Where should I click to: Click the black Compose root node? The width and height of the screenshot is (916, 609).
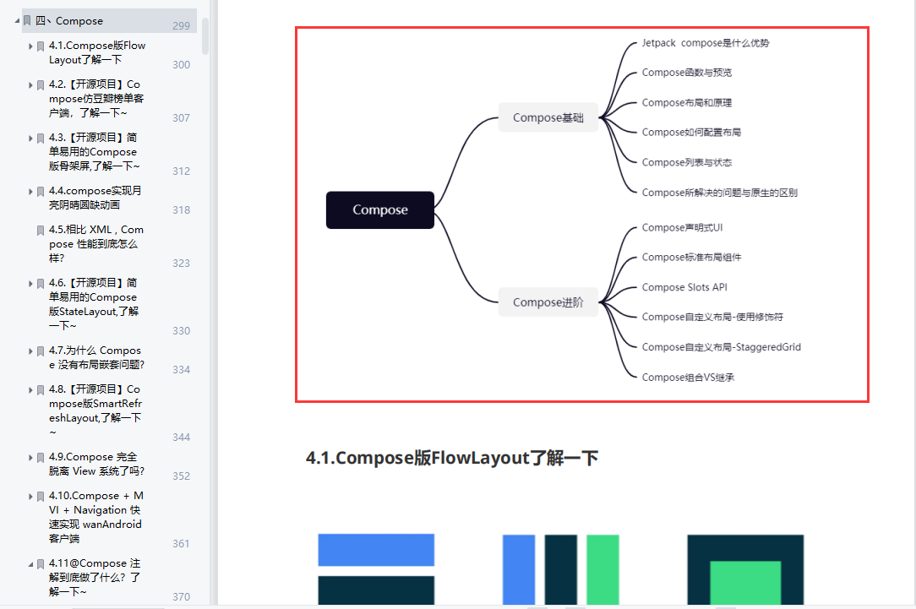380,210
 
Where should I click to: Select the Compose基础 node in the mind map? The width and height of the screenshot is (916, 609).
548,117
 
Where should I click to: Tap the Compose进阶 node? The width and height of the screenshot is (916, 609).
548,302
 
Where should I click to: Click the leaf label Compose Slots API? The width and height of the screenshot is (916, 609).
684,287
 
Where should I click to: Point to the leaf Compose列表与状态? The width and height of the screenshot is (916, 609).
686,162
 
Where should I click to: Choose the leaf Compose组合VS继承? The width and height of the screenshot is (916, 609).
688,378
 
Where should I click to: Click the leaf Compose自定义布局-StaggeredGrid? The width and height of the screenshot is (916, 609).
721,347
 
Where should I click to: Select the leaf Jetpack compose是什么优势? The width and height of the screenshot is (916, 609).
705,43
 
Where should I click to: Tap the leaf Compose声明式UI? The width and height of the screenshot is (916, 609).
682,227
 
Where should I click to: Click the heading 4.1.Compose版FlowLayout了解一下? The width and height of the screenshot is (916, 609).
452,459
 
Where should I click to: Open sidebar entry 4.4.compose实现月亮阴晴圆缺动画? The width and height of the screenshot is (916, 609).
95,198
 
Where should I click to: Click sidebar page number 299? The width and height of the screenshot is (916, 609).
181,26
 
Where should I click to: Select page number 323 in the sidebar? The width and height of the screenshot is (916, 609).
181,264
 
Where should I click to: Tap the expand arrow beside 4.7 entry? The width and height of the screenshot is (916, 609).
30,351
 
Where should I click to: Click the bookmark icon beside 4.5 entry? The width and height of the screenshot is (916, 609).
40,231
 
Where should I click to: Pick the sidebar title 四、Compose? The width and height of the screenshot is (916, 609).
69,21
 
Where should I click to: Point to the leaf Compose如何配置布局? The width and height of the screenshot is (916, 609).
691,133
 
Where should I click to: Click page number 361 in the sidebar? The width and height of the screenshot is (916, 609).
181,544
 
